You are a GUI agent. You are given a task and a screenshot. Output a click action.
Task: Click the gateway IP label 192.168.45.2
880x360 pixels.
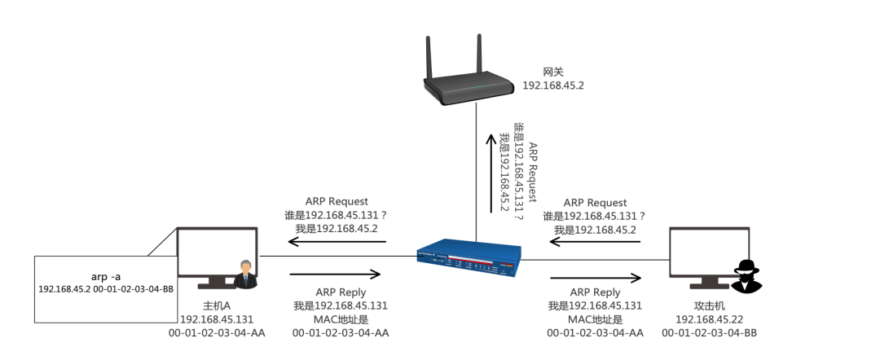click(553, 85)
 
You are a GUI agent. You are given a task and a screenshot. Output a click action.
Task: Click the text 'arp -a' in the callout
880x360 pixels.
click(104, 276)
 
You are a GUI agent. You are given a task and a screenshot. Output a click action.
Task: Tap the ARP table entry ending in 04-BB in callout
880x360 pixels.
click(106, 289)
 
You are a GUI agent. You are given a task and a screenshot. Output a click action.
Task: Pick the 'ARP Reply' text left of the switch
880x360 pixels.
click(341, 292)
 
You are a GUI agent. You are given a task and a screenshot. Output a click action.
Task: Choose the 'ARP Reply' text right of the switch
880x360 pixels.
click(595, 292)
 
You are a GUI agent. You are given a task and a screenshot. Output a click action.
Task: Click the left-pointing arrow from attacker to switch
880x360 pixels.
click(594, 242)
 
